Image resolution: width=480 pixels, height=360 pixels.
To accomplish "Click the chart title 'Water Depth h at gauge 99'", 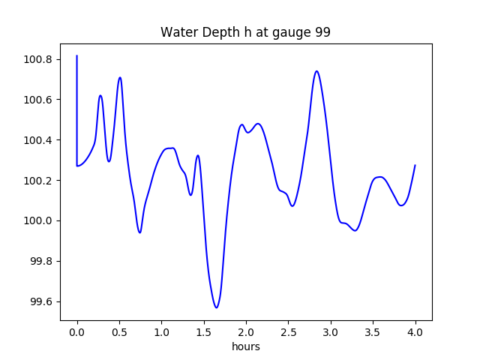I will [x=245, y=33].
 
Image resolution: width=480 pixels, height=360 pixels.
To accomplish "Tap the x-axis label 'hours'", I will [x=246, y=347].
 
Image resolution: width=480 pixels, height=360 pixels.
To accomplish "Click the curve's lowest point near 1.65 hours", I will [x=216, y=307].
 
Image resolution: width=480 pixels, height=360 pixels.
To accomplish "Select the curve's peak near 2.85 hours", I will [x=316, y=71].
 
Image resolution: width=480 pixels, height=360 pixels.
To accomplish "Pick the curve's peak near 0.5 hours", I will [x=119, y=77].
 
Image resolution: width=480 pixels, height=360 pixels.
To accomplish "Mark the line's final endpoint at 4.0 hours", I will [x=415, y=165].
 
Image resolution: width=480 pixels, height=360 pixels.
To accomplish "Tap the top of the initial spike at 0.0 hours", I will [x=77, y=55].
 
